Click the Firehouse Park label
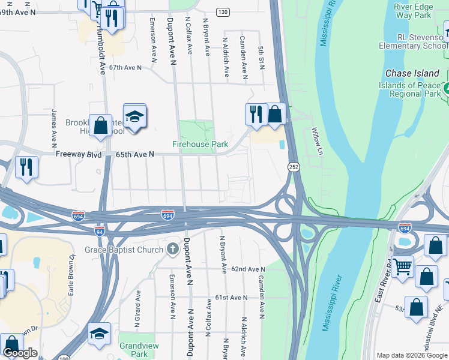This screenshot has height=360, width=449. coord(200,144)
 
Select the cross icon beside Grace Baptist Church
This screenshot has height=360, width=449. coord(173,249)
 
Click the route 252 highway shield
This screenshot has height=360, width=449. coord(294,166)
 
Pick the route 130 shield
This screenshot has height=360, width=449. coord(223,12)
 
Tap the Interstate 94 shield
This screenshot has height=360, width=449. coord(100,230)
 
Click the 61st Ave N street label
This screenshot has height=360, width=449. coord(231,298)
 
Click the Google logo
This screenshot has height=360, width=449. coord(20,353)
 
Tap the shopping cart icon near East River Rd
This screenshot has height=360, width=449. coord(402,266)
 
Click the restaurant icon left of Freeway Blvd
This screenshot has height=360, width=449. coord(26,167)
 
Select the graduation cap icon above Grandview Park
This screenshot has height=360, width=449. coord(99,334)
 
